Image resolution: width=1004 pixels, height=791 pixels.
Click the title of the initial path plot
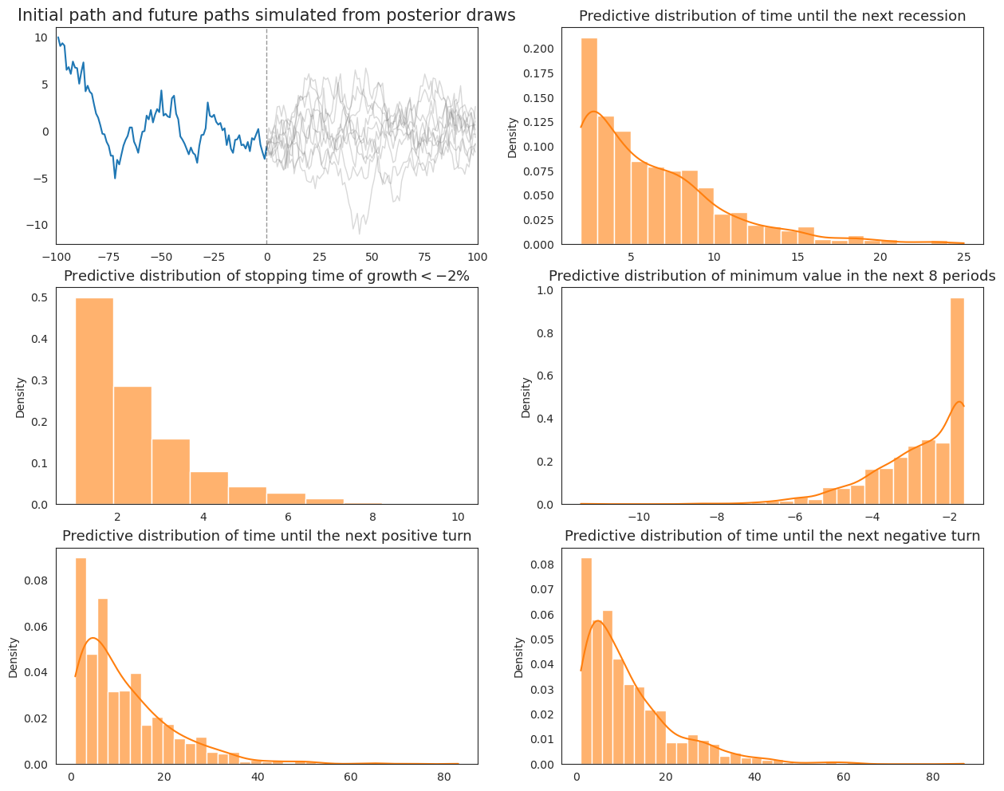(266, 15)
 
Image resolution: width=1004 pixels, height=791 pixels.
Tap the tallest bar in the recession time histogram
(589, 144)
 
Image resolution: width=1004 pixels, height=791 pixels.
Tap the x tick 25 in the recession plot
(963, 257)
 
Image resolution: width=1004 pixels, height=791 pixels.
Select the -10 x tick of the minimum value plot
(638, 517)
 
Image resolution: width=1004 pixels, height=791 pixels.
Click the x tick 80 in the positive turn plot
(443, 777)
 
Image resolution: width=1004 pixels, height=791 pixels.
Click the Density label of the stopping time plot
(21, 397)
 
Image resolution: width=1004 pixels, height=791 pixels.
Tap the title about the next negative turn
(772, 536)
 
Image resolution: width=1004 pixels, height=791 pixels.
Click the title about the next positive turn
(266, 536)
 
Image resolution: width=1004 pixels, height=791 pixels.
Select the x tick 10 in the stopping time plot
(458, 517)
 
